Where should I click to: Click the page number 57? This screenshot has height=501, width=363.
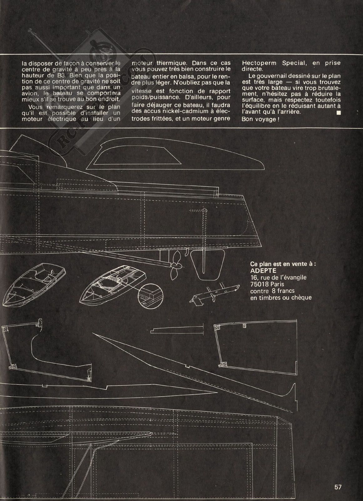click(x=338, y=487)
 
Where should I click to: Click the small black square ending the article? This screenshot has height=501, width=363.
click(x=338, y=113)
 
